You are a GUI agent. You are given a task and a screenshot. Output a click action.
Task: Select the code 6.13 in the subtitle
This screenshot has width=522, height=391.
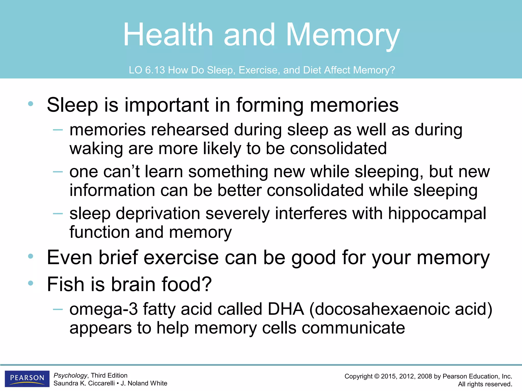pos(155,70)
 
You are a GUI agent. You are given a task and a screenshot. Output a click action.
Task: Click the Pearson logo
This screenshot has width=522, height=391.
pos(27,378)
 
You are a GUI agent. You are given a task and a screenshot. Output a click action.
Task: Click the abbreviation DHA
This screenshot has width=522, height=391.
pos(286,309)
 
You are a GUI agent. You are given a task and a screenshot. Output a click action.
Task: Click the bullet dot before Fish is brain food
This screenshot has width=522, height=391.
pos(31,283)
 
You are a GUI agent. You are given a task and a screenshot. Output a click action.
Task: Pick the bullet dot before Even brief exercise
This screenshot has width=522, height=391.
pos(31,256)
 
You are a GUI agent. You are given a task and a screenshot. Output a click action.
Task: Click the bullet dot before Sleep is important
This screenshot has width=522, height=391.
pos(31,104)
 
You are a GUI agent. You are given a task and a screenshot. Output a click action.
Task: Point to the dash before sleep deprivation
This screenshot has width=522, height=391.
pos(58,213)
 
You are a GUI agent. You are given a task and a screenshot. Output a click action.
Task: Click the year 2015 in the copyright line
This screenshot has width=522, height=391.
pos(389,376)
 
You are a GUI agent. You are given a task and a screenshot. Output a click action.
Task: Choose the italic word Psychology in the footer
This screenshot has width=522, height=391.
pos(70,375)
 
